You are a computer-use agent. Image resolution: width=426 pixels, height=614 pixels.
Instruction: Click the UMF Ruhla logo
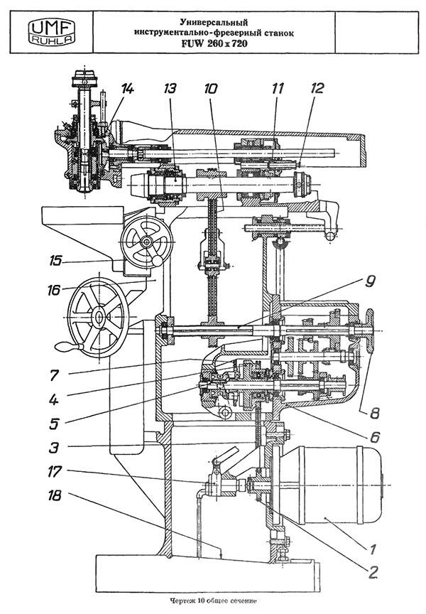coord(52,32)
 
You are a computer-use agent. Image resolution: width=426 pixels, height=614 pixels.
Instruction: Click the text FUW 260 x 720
coord(214,44)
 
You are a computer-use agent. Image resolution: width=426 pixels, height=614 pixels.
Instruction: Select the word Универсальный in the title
coord(214,23)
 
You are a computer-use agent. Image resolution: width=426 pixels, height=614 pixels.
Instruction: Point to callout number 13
coord(170,89)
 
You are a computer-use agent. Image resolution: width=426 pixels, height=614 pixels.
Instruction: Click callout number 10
coord(210,89)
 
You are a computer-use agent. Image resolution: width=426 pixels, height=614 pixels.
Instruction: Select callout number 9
coord(369,281)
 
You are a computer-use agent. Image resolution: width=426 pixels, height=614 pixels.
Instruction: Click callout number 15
coord(55,260)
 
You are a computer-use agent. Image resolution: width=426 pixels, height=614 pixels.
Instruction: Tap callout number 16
coord(54,290)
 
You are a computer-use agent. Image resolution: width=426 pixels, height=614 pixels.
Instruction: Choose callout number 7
coord(54,375)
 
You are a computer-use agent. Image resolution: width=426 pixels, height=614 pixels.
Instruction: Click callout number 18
coord(55,496)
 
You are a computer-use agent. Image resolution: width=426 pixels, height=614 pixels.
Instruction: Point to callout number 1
coord(373,549)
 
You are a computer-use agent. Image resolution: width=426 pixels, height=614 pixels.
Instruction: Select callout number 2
coord(373,573)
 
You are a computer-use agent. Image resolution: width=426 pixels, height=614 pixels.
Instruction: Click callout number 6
coord(375,436)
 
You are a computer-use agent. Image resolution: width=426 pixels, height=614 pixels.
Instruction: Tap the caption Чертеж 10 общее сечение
coord(213,600)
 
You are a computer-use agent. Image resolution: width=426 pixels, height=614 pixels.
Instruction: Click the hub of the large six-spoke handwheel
coord(98,316)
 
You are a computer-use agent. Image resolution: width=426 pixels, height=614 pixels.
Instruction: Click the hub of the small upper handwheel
coord(147,242)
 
